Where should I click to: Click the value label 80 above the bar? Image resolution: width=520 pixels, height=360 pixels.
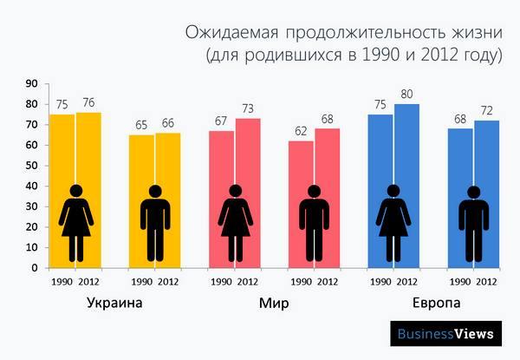(x=406, y=94)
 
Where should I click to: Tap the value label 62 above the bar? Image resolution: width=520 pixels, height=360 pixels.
(x=301, y=130)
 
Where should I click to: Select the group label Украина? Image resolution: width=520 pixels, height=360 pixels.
(x=115, y=304)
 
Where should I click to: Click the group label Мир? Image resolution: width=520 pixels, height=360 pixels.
(x=274, y=304)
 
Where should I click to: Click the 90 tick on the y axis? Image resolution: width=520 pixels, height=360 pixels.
(x=32, y=84)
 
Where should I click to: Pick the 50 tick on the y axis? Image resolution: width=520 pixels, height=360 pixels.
(x=32, y=166)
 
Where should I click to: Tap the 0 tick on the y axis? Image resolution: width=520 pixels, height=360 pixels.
(x=35, y=267)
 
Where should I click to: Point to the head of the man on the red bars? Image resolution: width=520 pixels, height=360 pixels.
(x=314, y=192)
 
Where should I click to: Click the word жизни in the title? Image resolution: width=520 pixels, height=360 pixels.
(x=476, y=34)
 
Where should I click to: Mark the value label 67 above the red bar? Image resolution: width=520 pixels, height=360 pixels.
(x=221, y=121)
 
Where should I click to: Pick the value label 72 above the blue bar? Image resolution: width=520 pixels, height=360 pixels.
(x=487, y=110)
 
